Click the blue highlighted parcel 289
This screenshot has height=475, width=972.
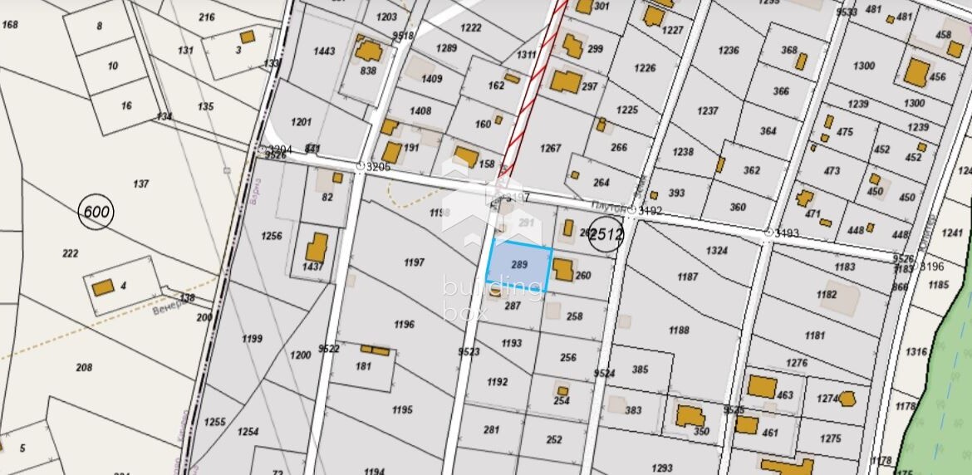[x=518, y=266]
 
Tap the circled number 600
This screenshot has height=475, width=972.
[x=96, y=213]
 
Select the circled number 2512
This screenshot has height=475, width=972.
[x=606, y=235]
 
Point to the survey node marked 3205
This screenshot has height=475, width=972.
[x=361, y=167]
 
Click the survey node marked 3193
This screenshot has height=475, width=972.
[x=768, y=233]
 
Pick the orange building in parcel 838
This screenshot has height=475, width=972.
[x=367, y=52]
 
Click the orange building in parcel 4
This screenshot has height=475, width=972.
[x=103, y=287]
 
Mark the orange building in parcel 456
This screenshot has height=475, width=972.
[x=917, y=72]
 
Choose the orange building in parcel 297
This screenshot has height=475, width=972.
[x=567, y=81]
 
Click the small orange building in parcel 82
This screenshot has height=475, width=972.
[x=337, y=178]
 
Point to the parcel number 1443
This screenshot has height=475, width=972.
[x=324, y=51]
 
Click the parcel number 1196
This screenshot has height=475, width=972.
[x=404, y=324]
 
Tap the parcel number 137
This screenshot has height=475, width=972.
[x=141, y=184]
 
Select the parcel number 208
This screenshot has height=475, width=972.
[x=84, y=367]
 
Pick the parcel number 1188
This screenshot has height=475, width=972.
[x=679, y=330]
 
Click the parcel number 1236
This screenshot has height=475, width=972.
[x=728, y=50]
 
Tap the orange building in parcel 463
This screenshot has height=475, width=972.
[x=761, y=386]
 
